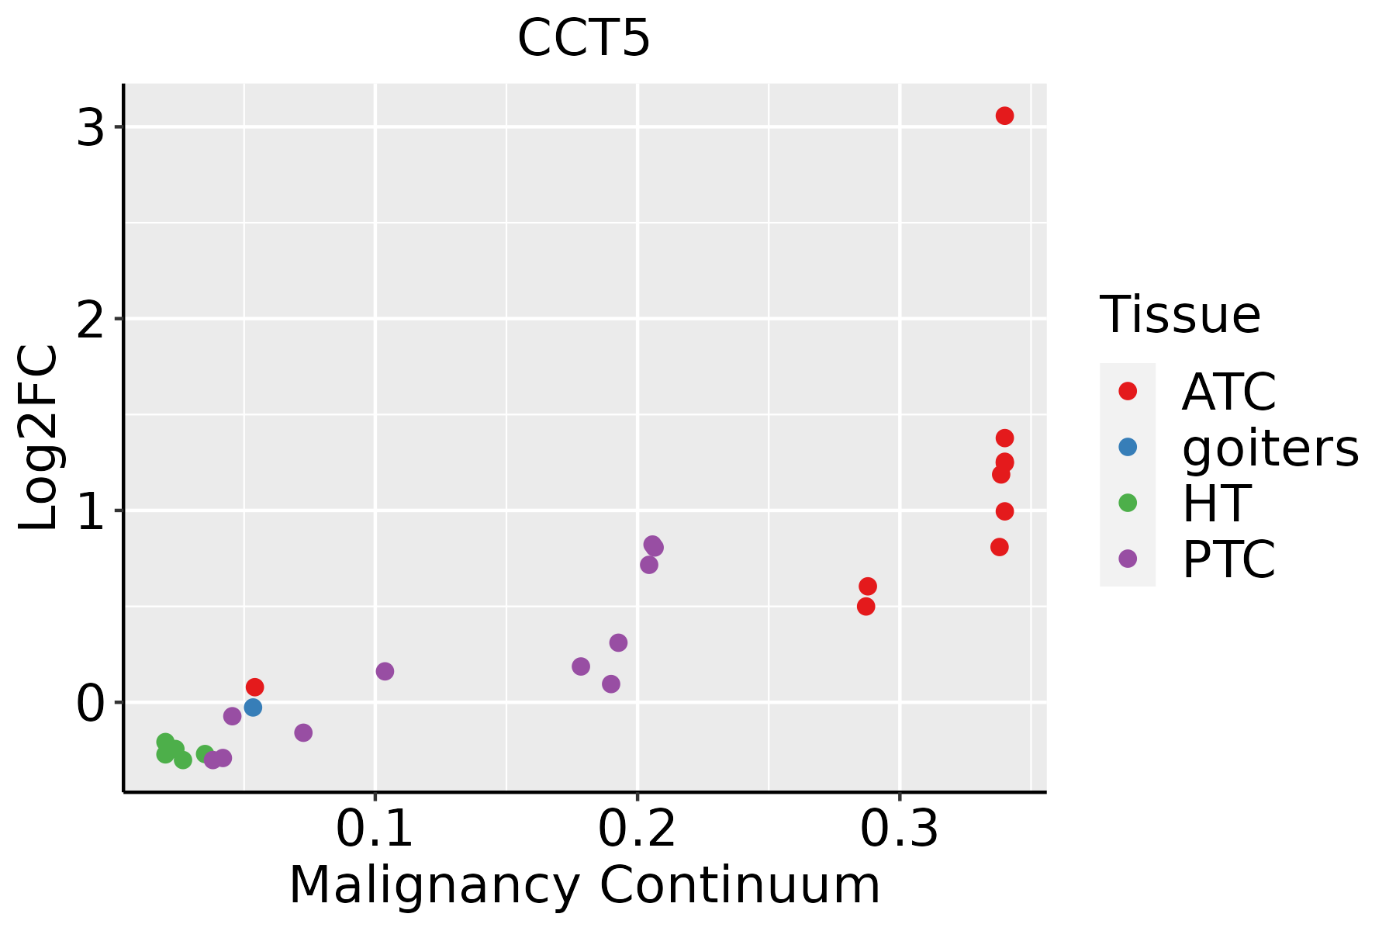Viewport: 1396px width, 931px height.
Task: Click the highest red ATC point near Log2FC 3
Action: point(1004,116)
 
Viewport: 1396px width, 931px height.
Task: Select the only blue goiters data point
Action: point(253,707)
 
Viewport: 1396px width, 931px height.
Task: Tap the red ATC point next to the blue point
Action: point(254,687)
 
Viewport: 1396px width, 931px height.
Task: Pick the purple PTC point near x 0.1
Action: point(385,671)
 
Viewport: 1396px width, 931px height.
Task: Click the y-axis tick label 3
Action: point(91,126)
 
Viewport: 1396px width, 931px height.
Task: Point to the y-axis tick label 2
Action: point(91,319)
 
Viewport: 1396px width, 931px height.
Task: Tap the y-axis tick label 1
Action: point(91,510)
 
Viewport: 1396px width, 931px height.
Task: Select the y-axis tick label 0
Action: point(91,703)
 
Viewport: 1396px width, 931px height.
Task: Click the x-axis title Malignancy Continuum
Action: point(584,886)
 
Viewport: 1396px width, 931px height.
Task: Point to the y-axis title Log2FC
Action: point(39,438)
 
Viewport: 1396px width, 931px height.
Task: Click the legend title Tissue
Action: point(1180,315)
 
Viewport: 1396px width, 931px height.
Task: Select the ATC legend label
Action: point(1228,392)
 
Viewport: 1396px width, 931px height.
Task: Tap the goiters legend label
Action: point(1270,448)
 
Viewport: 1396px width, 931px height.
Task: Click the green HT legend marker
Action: point(1128,503)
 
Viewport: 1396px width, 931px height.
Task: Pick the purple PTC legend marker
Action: point(1128,559)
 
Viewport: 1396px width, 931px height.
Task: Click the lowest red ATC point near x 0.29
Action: point(866,606)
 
